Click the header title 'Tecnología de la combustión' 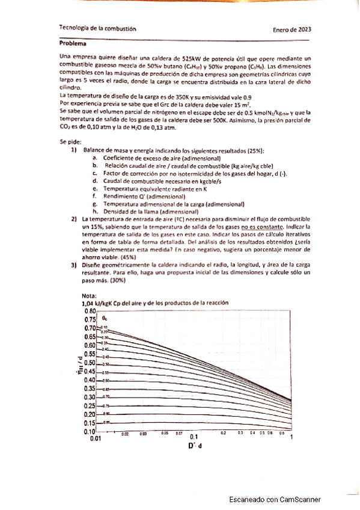(98, 28)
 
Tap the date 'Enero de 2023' (291, 29)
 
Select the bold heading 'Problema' (72, 44)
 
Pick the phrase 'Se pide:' (71, 141)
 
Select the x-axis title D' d (194, 447)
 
